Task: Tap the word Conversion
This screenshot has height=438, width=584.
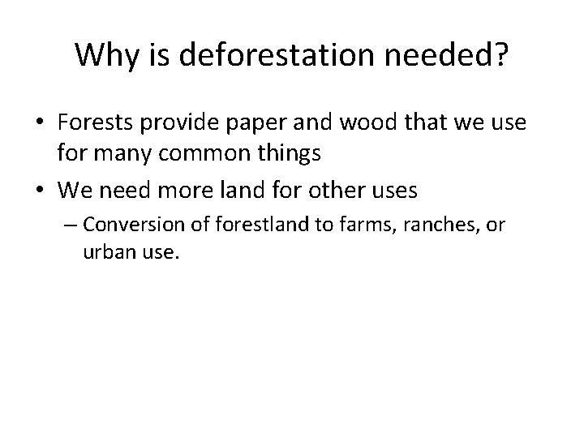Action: click(128, 223)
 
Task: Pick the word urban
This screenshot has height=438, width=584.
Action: click(108, 253)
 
